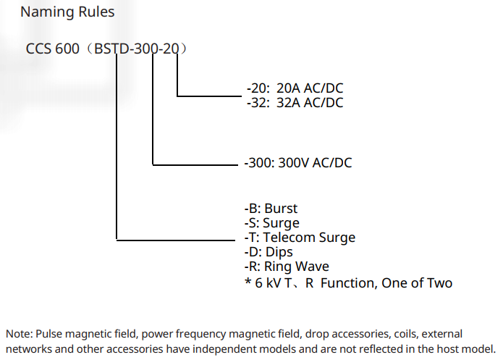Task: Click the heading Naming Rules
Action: pyautogui.click(x=67, y=12)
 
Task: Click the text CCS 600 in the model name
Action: pyautogui.click(x=52, y=49)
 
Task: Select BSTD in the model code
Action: pyautogui.click(x=111, y=49)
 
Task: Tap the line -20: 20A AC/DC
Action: pyautogui.click(x=295, y=88)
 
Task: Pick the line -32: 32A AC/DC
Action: pyautogui.click(x=295, y=103)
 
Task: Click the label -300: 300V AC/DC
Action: pyautogui.click(x=298, y=162)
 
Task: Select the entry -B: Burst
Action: pyautogui.click(x=271, y=209)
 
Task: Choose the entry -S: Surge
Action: pyautogui.click(x=271, y=223)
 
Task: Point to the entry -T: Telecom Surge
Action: pyautogui.click(x=300, y=238)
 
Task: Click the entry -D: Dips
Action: pyautogui.click(x=269, y=252)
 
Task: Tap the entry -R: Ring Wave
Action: pyautogui.click(x=287, y=267)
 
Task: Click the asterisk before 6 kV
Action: pyautogui.click(x=248, y=282)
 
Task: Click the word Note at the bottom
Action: pyautogui.click(x=18, y=334)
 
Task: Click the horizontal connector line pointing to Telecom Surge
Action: pyautogui.click(x=176, y=240)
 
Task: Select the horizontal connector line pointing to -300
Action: pyautogui.click(x=195, y=165)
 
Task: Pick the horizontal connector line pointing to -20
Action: pyautogui.click(x=209, y=96)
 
